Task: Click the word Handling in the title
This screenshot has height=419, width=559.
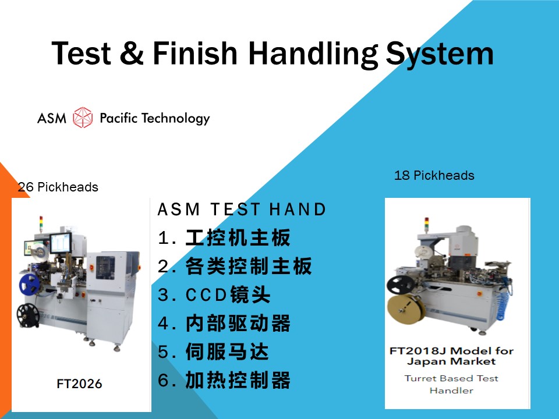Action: (x=313, y=54)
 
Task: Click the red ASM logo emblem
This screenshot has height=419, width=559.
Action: (x=83, y=118)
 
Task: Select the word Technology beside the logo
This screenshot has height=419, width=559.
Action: (x=176, y=119)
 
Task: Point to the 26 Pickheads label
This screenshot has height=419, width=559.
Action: (x=58, y=187)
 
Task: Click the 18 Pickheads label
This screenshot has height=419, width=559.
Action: (x=434, y=175)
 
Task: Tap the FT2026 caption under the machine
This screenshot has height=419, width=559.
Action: (x=79, y=384)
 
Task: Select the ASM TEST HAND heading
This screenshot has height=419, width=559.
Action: (x=242, y=209)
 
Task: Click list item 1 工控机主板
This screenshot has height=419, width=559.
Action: (x=224, y=237)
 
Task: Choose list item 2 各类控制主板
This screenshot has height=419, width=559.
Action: (x=235, y=266)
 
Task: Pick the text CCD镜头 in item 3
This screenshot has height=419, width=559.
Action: (x=228, y=294)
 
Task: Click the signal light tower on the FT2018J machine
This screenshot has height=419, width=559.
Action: (x=426, y=225)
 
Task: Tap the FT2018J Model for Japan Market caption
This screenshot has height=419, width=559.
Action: (x=451, y=356)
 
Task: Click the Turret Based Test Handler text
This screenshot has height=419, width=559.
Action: (x=451, y=385)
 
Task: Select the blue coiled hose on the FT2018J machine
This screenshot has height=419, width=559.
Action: (x=505, y=300)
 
